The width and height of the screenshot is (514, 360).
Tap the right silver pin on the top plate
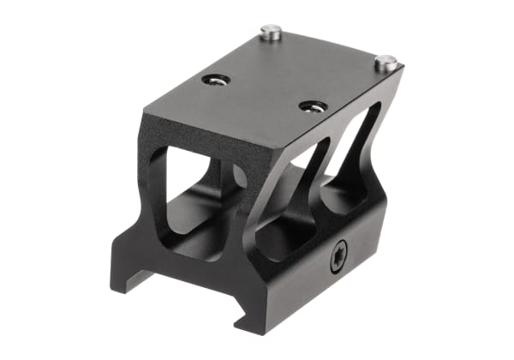[x=385, y=62]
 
